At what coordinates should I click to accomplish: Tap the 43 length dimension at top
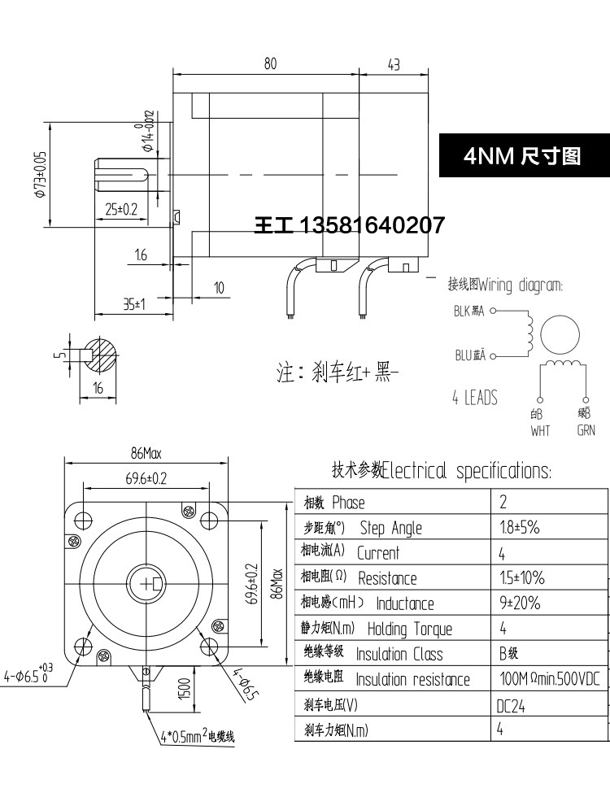pos(394,64)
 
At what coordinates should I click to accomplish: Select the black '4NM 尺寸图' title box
pos(523,155)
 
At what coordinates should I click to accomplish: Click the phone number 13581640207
pos(373,224)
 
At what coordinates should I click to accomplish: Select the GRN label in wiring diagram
pos(586,431)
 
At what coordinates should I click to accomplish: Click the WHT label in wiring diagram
pos(540,431)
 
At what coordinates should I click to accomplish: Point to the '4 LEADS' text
pos(474,398)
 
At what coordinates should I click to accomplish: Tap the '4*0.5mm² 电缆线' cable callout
pos(198,738)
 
